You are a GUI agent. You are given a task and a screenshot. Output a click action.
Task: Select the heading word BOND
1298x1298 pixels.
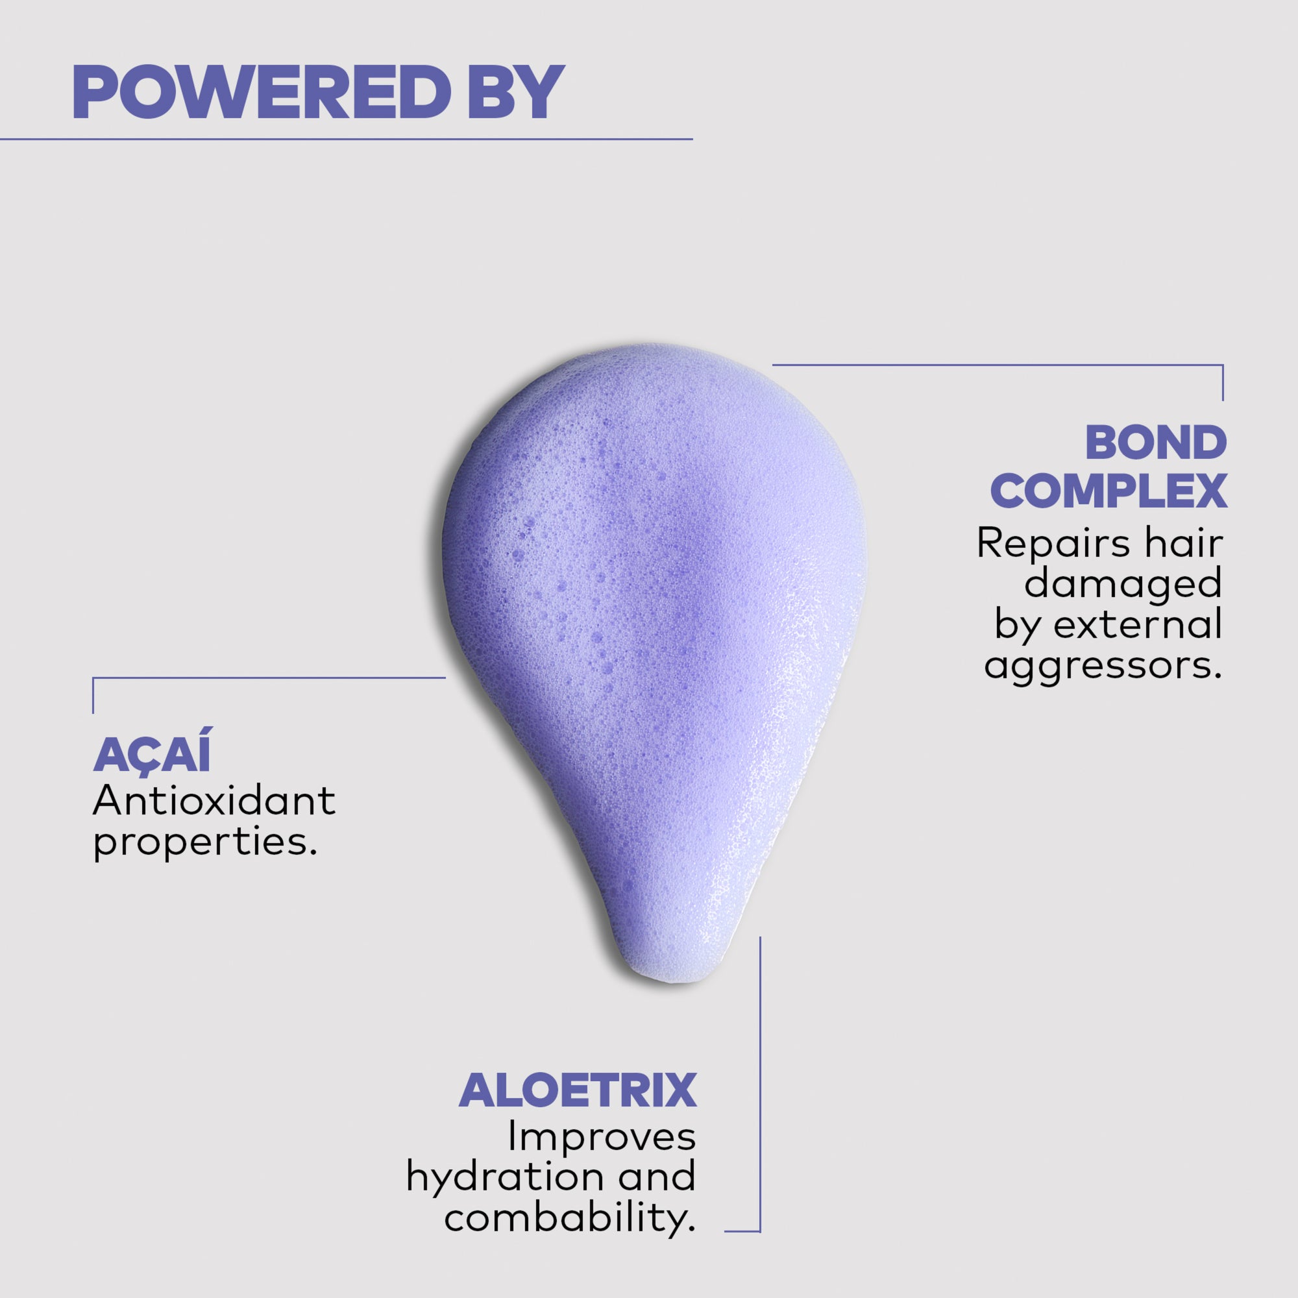(x=1157, y=443)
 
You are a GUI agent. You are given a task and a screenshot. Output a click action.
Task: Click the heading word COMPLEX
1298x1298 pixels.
(x=1108, y=492)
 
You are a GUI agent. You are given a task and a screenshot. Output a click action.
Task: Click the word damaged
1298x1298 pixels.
(x=1123, y=584)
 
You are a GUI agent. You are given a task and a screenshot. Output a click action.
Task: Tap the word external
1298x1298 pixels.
(x=1138, y=625)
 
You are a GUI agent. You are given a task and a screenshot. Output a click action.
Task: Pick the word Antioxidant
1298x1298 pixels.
(x=214, y=800)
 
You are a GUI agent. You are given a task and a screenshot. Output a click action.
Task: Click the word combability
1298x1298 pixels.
(x=570, y=1218)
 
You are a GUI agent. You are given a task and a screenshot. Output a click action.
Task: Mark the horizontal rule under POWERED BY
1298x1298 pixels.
(x=346, y=139)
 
